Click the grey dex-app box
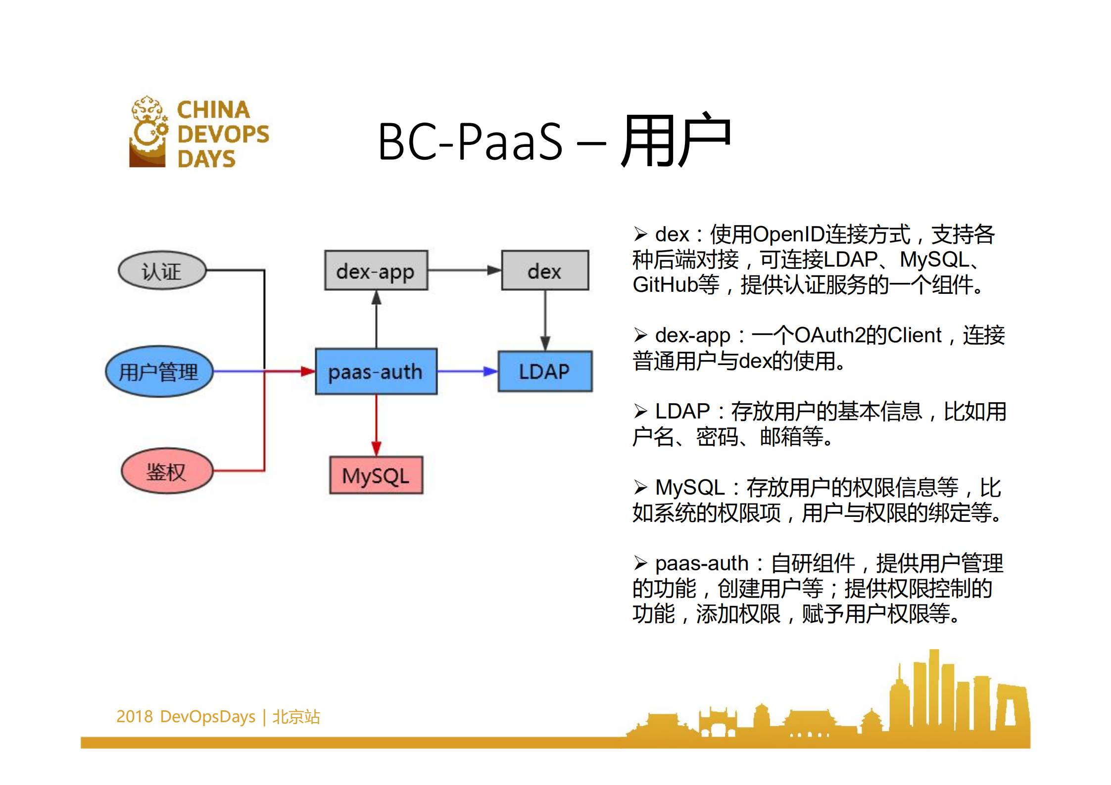pyautogui.click(x=376, y=271)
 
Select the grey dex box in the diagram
pyautogui.click(x=545, y=271)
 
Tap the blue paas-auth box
pyautogui.click(x=376, y=371)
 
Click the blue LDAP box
pyautogui.click(x=544, y=371)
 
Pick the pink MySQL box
pyautogui.click(x=376, y=475)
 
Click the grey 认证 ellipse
pyautogui.click(x=162, y=271)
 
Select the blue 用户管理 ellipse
pyautogui.click(x=159, y=371)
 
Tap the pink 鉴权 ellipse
pyautogui.click(x=167, y=471)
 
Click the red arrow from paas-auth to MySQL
pyautogui.click(x=376, y=425)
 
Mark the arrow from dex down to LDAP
pyautogui.click(x=545, y=320)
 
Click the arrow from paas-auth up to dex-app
pyautogui.click(x=376, y=319)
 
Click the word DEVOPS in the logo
pyautogui.click(x=223, y=134)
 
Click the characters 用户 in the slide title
pyautogui.click(x=676, y=141)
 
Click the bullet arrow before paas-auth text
pyautogui.click(x=640, y=563)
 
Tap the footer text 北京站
pyautogui.click(x=296, y=717)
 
